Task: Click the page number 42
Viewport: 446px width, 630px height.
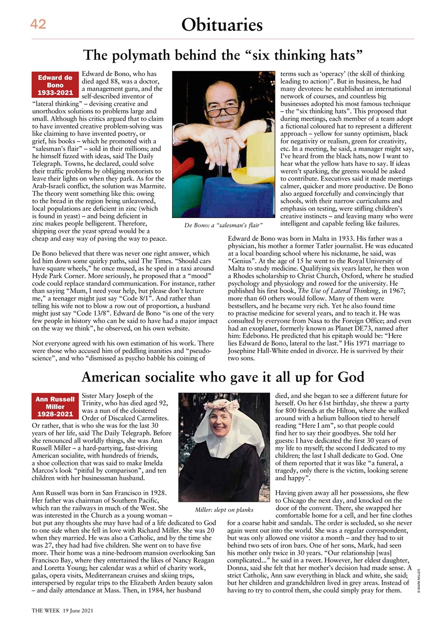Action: coord(38,24)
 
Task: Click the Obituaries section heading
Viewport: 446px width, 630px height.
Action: coord(222,24)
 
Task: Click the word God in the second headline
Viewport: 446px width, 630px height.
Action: coord(351,378)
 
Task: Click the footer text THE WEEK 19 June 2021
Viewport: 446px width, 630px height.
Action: coord(63,610)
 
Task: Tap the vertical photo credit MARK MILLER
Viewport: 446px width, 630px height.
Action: coord(418,581)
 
